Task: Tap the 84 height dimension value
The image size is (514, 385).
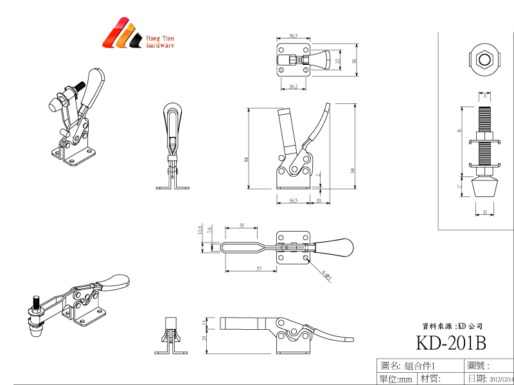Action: (x=247, y=160)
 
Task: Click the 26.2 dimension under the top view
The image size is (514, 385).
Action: (x=293, y=86)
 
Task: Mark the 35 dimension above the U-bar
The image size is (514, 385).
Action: (x=241, y=226)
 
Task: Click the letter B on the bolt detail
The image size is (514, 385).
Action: (x=459, y=130)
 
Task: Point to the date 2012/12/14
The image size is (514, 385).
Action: (x=502, y=379)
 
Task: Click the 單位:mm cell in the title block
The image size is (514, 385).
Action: (x=396, y=379)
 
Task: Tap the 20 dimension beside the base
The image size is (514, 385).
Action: (x=319, y=200)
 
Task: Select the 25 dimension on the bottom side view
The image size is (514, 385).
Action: (x=205, y=338)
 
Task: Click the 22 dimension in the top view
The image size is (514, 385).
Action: (x=338, y=61)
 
